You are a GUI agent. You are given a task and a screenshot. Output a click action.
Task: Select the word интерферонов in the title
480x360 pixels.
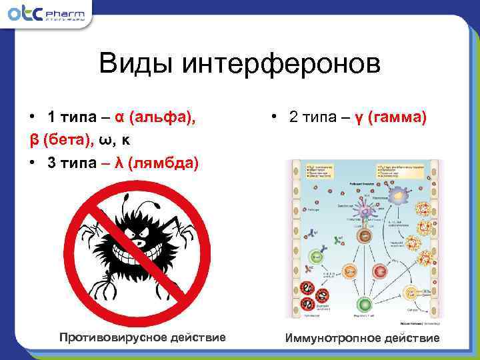point(281,65)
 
